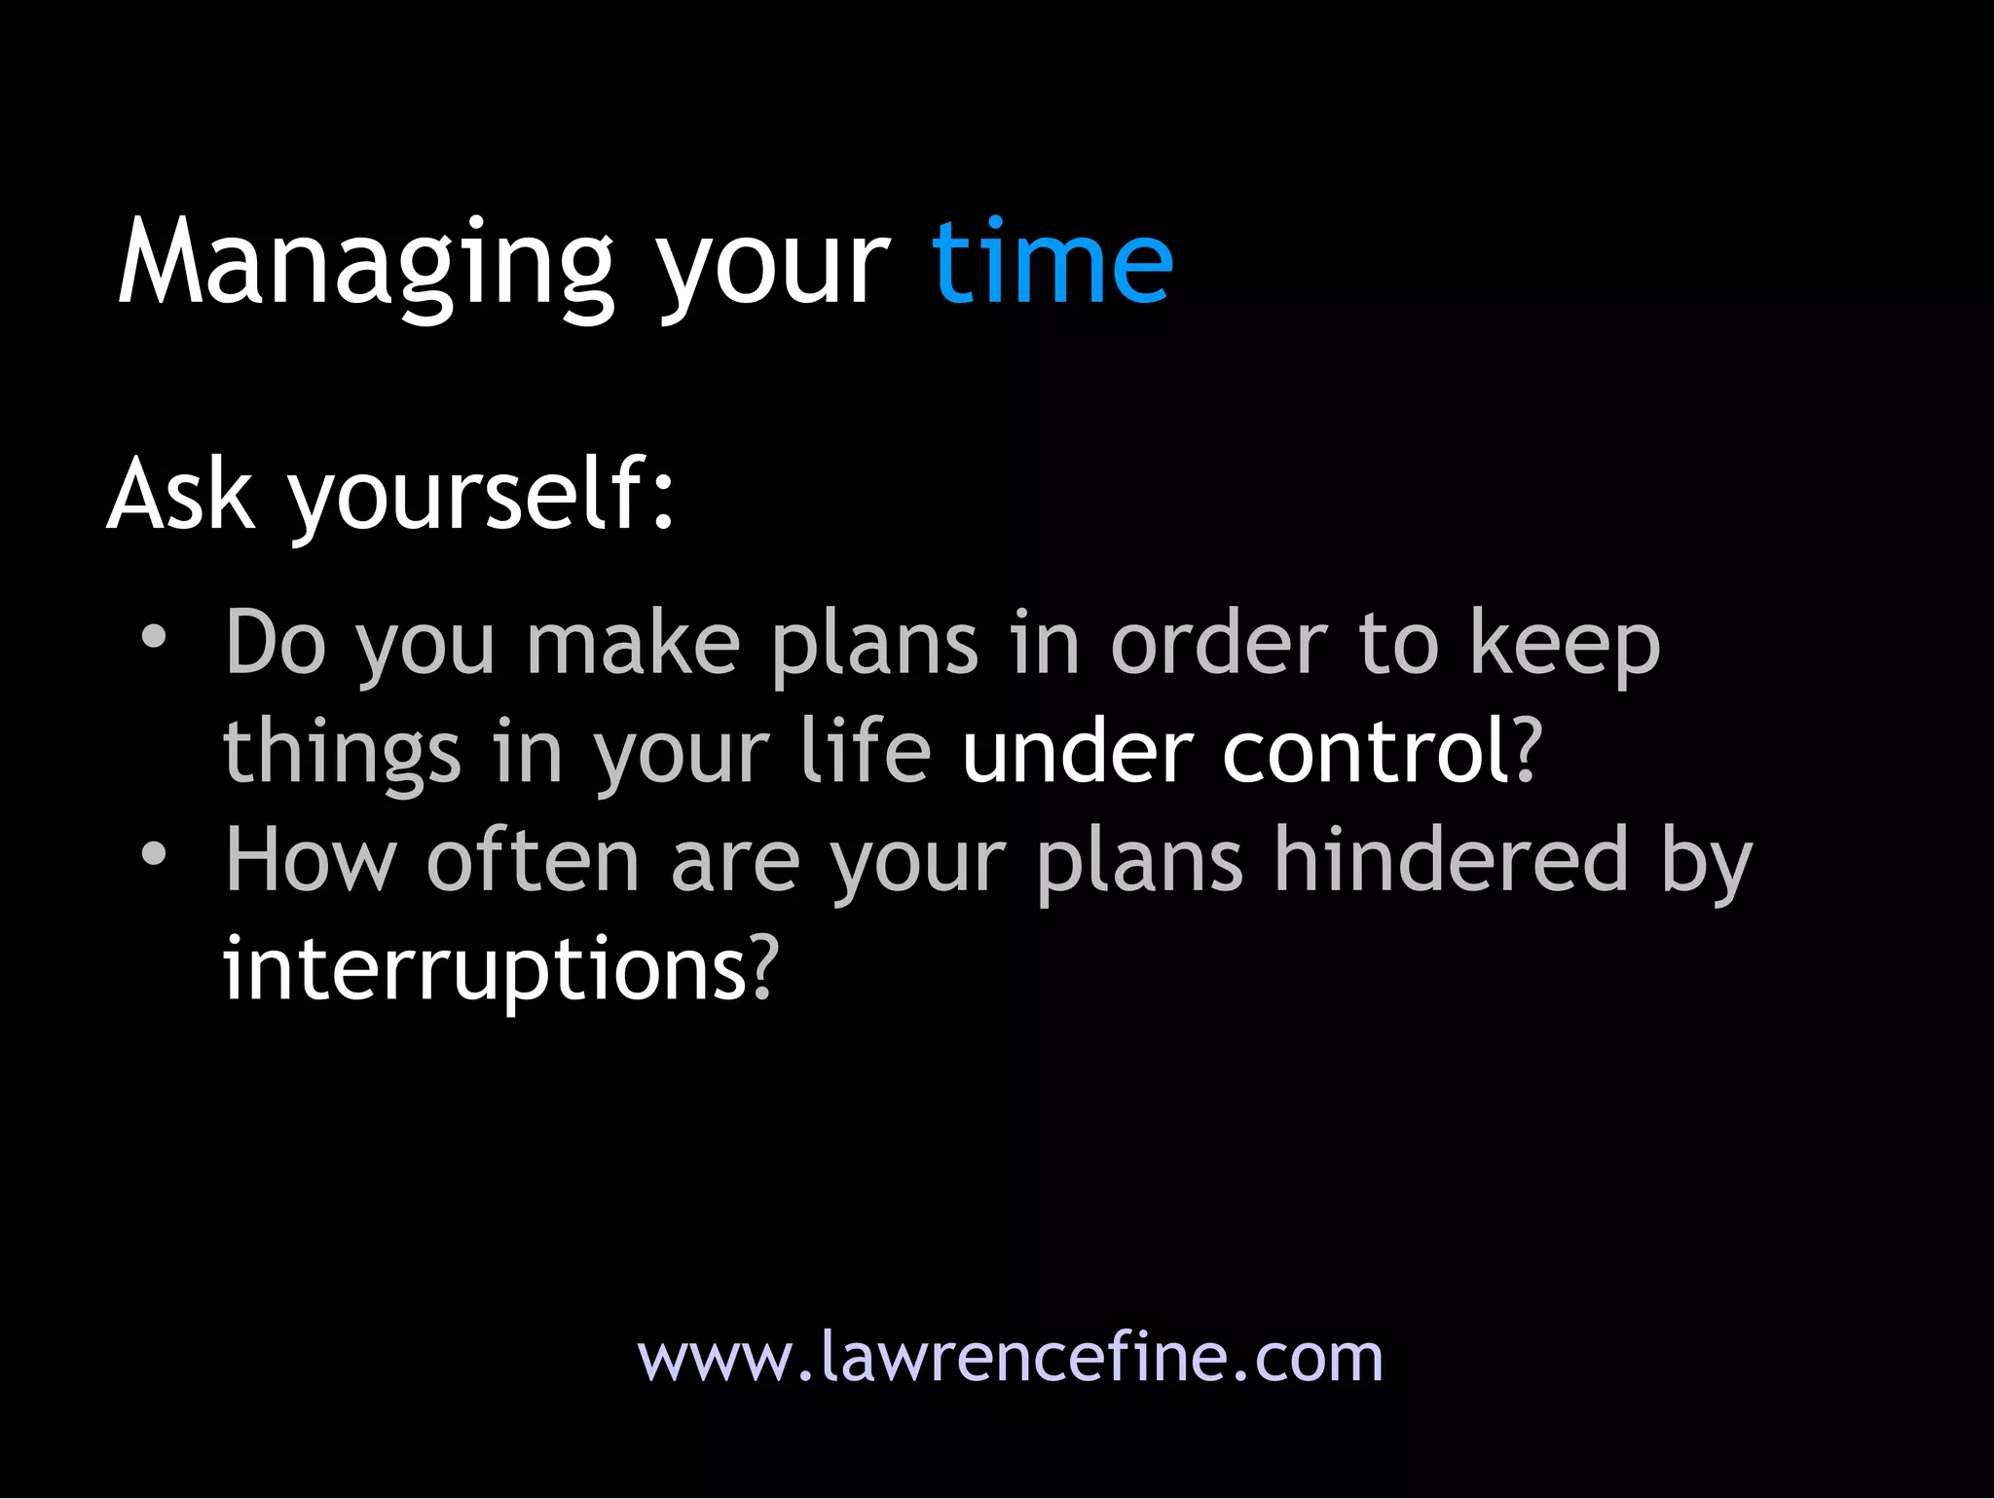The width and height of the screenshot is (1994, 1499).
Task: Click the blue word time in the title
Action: coord(1052,263)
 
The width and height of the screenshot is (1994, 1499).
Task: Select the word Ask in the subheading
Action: coord(181,495)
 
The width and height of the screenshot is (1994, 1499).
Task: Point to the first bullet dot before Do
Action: coord(154,638)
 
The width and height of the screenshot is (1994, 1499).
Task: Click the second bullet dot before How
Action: coord(154,855)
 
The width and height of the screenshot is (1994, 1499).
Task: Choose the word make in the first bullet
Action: coord(633,645)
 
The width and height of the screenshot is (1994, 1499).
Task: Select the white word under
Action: coord(1077,752)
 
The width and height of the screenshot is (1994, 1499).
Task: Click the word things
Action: coord(342,754)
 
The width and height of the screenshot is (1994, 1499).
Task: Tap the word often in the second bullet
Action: coord(533,860)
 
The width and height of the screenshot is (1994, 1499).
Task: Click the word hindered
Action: coord(1451,860)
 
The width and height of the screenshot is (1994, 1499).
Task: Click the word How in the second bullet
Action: coord(311,860)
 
